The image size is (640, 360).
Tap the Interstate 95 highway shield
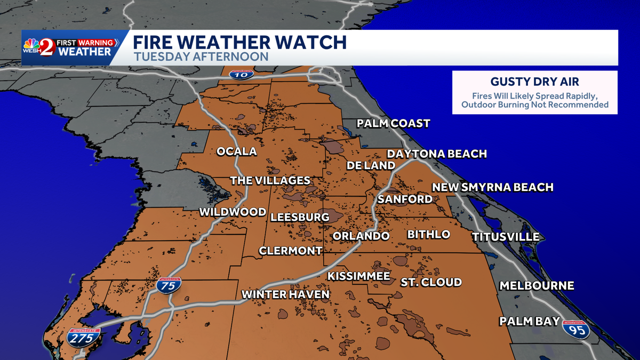click(577, 330)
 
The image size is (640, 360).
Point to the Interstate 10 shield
click(238, 75)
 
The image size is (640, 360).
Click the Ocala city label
click(236, 151)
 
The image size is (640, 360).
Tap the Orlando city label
click(361, 236)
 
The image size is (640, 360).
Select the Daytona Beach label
click(437, 154)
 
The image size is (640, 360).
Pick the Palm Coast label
click(393, 124)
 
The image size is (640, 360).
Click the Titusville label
click(505, 237)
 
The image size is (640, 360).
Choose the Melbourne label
click(537, 286)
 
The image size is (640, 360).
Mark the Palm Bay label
click(529, 322)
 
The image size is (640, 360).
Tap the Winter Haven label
click(285, 294)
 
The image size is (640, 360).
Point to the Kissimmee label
click(358, 276)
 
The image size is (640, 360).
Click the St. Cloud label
click(431, 282)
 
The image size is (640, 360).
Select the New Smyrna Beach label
click(492, 187)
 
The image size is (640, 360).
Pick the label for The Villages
click(270, 180)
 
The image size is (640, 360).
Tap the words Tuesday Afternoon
click(201, 56)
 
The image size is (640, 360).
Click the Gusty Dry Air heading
click(534, 82)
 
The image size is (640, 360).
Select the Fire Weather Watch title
click(239, 42)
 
